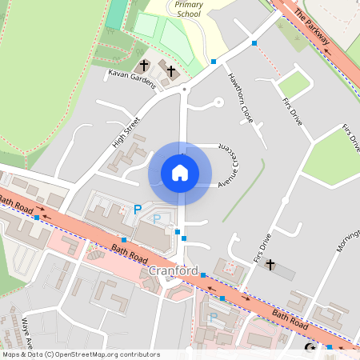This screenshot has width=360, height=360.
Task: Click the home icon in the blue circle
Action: pyautogui.click(x=180, y=173)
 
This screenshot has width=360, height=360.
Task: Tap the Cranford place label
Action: pyautogui.click(x=174, y=271)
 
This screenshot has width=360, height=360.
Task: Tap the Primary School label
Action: pyautogui.click(x=188, y=9)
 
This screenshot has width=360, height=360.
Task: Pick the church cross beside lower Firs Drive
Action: pyautogui.click(x=270, y=264)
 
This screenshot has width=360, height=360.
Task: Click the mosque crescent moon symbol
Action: pyautogui.click(x=310, y=348)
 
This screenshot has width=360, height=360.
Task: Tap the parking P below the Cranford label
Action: pyautogui.click(x=212, y=318)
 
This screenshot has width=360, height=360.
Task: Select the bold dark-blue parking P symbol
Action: pyautogui.click(x=138, y=210)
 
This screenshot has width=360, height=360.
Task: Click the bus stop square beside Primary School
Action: pyautogui.click(x=214, y=61)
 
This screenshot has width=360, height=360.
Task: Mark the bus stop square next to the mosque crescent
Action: pyautogui.click(x=330, y=348)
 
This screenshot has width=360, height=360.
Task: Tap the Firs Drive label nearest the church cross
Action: pyautogui.click(x=262, y=248)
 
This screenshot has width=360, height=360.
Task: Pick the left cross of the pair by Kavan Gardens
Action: pyautogui.click(x=145, y=65)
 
